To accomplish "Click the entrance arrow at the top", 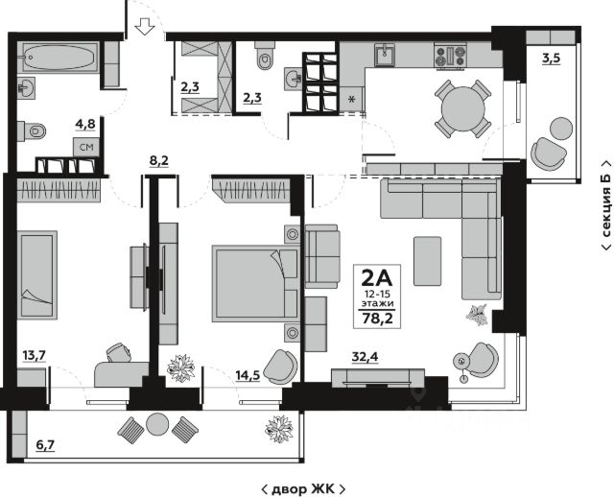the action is click(145, 26).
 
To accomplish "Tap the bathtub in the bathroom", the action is click(59, 58).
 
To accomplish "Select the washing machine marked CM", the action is click(86, 147).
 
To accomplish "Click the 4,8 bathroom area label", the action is click(85, 125).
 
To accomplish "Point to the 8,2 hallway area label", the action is click(159, 160).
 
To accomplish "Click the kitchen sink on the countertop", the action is click(385, 56).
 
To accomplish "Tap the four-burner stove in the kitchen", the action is click(451, 56).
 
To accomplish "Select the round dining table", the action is click(462, 108).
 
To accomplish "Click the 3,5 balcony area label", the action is click(552, 59).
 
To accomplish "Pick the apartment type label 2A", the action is click(377, 278).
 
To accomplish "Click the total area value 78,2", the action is click(377, 319).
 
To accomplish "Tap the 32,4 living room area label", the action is click(365, 357).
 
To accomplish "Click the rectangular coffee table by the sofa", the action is click(428, 261).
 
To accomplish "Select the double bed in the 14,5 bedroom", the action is click(256, 284).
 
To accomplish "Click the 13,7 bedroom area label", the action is click(35, 356).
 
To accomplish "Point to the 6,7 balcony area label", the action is click(45, 445).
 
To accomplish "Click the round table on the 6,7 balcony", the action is click(157, 424).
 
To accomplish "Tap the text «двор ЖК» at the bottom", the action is click(303, 488).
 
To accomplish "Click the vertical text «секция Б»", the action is click(606, 204).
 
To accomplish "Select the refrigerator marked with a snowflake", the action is click(352, 98).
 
